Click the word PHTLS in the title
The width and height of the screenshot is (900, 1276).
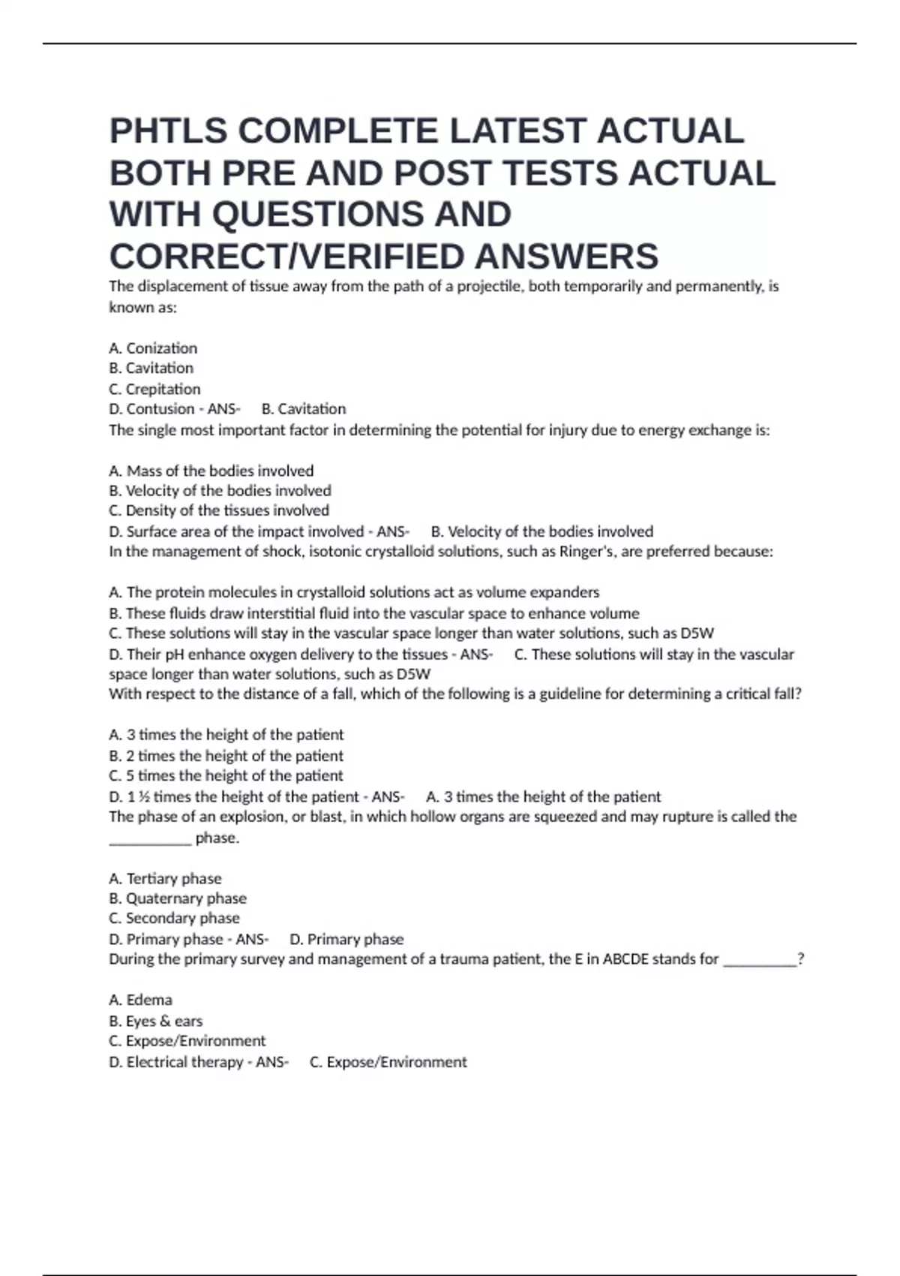click(169, 131)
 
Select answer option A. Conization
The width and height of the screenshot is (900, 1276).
click(153, 348)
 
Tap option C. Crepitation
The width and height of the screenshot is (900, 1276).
click(154, 389)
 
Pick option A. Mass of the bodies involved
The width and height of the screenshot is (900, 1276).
click(211, 471)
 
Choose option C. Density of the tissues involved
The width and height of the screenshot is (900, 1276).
click(219, 510)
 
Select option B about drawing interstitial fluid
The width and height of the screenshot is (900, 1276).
click(373, 613)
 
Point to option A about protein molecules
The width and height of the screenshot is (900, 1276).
click(354, 592)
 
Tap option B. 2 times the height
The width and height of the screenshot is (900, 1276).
click(226, 756)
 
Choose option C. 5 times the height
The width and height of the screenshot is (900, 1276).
click(226, 775)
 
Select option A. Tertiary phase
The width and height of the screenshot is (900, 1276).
click(165, 878)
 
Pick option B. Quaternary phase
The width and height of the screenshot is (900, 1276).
click(177, 898)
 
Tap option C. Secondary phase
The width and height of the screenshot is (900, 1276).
click(174, 918)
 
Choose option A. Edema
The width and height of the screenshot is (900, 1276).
click(140, 1000)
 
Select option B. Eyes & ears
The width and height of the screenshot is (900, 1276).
click(155, 1021)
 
